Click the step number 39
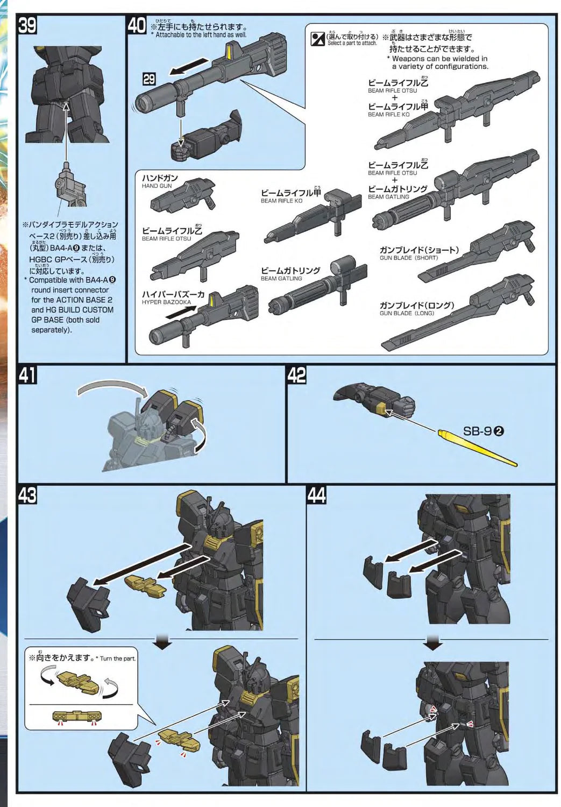pyautogui.click(x=28, y=26)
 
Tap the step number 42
pyautogui.click(x=297, y=375)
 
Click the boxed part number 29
pyautogui.click(x=148, y=80)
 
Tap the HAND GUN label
pyautogui.click(x=157, y=186)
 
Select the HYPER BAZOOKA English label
pyautogui.click(x=166, y=302)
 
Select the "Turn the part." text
pyautogui.click(x=118, y=659)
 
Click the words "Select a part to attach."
pyautogui.click(x=352, y=43)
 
